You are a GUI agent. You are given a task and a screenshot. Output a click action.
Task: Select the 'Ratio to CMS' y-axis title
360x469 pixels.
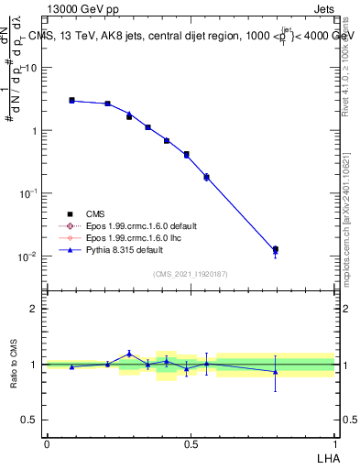tap(14, 364)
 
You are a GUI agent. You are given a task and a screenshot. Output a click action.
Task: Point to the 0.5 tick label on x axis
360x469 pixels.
tap(191, 443)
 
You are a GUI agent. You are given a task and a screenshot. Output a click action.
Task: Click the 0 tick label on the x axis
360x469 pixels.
tap(47, 443)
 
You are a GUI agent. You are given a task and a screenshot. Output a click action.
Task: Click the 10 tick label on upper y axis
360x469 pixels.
tap(30, 68)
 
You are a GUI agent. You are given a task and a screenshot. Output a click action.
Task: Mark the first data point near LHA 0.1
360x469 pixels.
tap(71, 100)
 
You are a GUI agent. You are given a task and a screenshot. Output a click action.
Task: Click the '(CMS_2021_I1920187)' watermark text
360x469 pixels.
tap(191, 274)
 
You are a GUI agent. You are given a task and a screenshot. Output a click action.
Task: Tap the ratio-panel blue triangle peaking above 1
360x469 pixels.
tap(129, 353)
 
